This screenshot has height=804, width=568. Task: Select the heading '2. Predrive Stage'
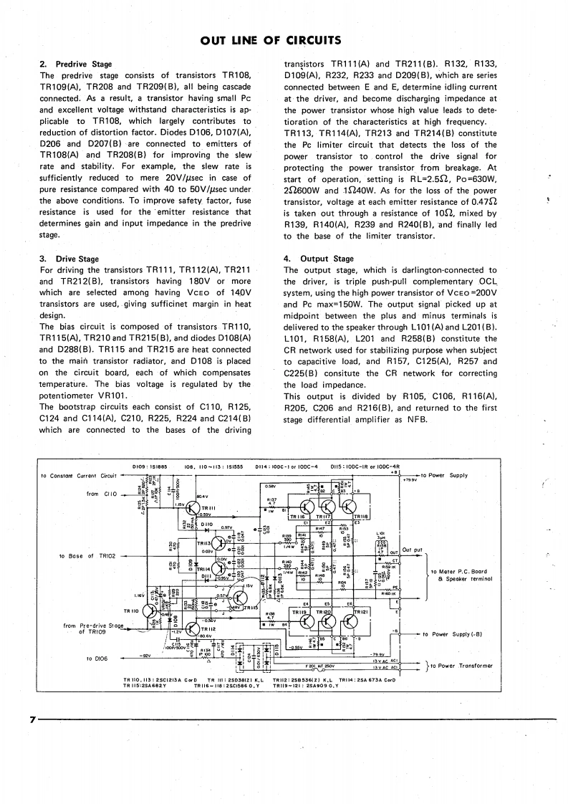pos(75,64)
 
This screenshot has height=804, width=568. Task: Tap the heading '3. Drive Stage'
pos(69,259)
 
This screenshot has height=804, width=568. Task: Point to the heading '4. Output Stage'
pos(318,259)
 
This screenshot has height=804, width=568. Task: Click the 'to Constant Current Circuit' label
pos(79,475)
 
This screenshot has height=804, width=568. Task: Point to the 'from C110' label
pos(98,494)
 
